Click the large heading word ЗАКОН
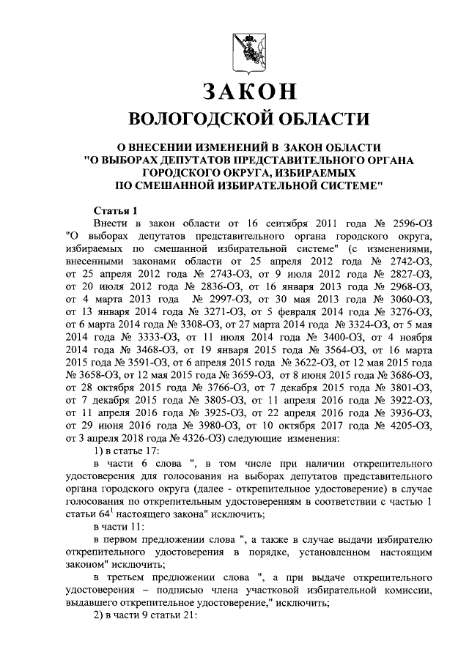[x=248, y=92]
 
